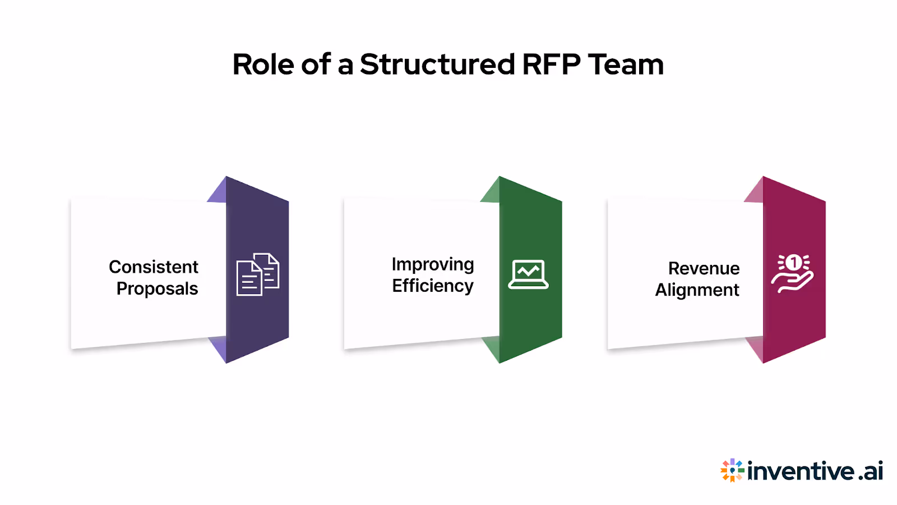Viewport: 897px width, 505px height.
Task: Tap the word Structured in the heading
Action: point(437,65)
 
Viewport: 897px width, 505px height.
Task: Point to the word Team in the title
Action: point(626,65)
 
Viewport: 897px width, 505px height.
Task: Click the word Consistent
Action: point(154,267)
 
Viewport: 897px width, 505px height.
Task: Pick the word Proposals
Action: point(157,288)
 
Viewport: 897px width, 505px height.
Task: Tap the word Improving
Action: point(433,264)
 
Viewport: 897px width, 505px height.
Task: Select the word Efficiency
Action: point(433,286)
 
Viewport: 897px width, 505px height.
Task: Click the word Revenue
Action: point(704,268)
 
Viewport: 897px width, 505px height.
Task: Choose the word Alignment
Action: point(697,290)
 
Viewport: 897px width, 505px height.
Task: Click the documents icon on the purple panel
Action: point(258,274)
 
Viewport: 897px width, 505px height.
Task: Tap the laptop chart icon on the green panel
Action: point(528,274)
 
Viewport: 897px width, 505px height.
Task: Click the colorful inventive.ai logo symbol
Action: point(732,470)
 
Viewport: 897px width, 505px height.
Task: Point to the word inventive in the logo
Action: point(801,471)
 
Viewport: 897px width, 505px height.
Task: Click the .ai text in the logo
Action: point(871,471)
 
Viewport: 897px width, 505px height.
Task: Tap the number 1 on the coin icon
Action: point(793,262)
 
